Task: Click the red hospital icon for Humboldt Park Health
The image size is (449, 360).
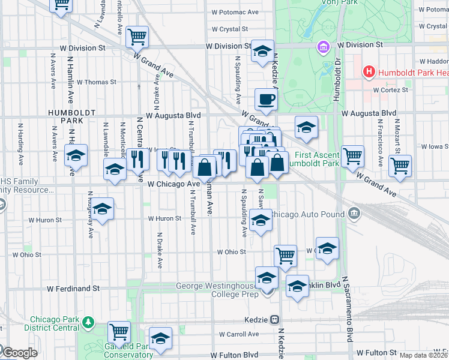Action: coord(369,73)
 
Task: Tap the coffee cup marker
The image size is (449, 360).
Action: coord(265,99)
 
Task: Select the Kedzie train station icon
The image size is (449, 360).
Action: coord(274,320)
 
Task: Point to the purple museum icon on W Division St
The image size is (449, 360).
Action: coord(324,46)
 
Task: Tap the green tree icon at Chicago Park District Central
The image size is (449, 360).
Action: coord(89,323)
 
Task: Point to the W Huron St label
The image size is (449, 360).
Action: coord(164,218)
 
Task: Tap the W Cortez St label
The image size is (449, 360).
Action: coord(390,90)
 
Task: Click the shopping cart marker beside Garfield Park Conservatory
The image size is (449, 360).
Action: coord(119,331)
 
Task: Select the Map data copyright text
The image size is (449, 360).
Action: coord(424,355)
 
